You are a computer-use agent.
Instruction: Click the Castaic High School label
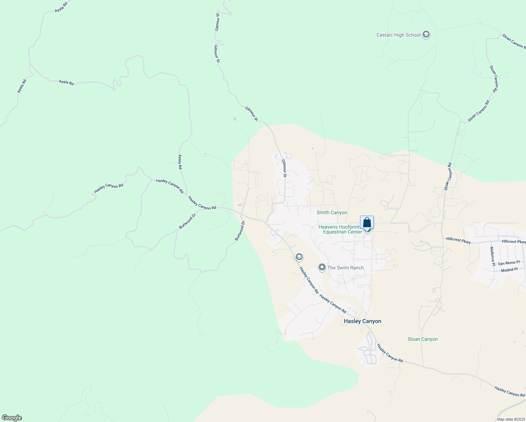pyautogui.click(x=398, y=35)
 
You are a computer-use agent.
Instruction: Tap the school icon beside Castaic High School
pyautogui.click(x=426, y=34)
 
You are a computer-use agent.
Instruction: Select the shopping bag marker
pyautogui.click(x=367, y=223)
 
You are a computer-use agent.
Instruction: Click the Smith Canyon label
pyautogui.click(x=332, y=212)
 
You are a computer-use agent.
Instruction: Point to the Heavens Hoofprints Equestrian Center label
pyautogui.click(x=340, y=229)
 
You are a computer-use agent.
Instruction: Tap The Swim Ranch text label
pyautogui.click(x=345, y=268)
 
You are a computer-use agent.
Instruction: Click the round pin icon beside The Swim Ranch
pyautogui.click(x=322, y=268)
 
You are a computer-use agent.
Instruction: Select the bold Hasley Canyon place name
pyautogui.click(x=362, y=321)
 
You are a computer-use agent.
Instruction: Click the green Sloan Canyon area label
pyautogui.click(x=423, y=339)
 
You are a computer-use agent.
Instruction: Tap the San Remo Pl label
pyautogui.click(x=508, y=263)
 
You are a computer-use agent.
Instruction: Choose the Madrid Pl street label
pyautogui.click(x=509, y=270)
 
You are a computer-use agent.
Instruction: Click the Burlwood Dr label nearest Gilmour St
pyautogui.click(x=240, y=231)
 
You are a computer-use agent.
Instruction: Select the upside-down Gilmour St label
pyautogui.click(x=217, y=22)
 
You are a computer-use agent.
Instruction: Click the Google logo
pyautogui.click(x=12, y=418)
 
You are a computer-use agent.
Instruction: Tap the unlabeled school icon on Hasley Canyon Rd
pyautogui.click(x=299, y=257)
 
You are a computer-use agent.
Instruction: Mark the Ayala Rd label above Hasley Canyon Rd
pyautogui.click(x=180, y=162)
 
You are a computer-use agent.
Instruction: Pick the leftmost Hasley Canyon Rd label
pyautogui.click(x=109, y=188)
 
